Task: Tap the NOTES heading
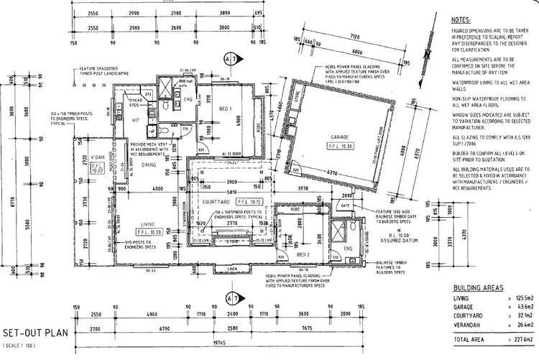[x=461, y=22]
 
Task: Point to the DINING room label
[x=149, y=165]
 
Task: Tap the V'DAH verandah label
[x=98, y=158]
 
